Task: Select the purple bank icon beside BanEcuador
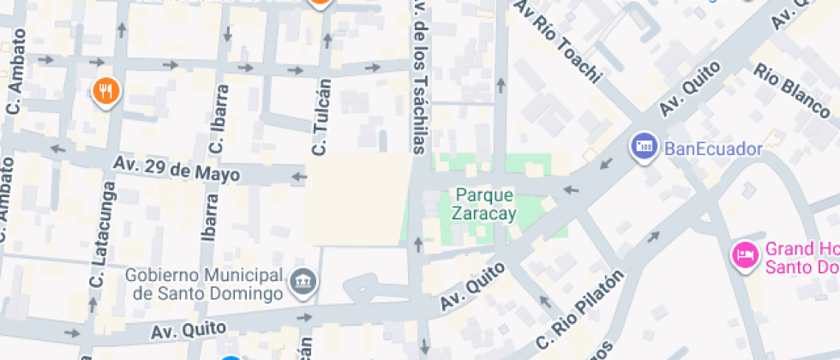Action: click(643, 147)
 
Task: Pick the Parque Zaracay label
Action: click(484, 204)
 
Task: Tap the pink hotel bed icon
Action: click(744, 255)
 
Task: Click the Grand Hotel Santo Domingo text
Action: click(801, 257)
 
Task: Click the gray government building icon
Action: click(303, 281)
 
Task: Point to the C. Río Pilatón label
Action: click(579, 309)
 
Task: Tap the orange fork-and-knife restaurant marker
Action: click(105, 90)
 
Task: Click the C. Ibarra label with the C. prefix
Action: click(219, 119)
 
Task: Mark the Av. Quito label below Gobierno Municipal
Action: click(189, 328)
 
